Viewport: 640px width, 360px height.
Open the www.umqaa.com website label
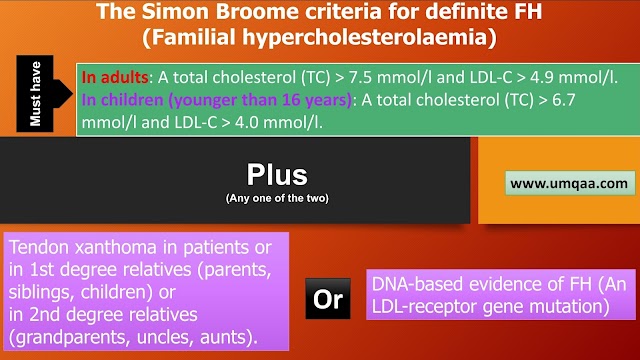(x=569, y=184)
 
